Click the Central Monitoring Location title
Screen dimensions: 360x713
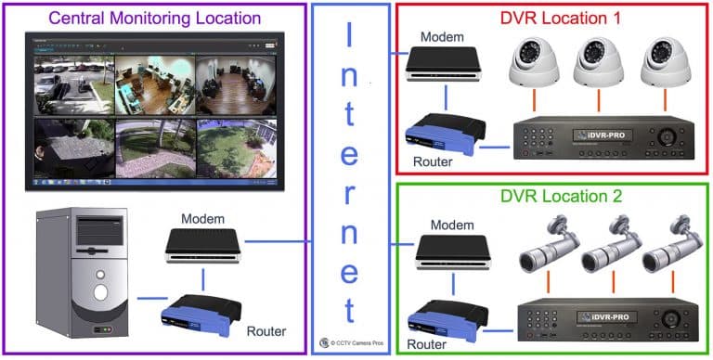pyautogui.click(x=153, y=18)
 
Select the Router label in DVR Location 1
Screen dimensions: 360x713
pyautogui.click(x=432, y=162)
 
